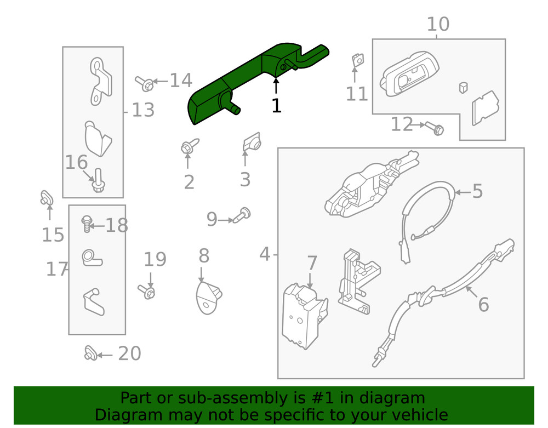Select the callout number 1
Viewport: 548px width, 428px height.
[276, 106]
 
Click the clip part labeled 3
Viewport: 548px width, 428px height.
[250, 142]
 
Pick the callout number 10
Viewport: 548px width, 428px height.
[437, 25]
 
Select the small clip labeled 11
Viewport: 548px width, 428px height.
[357, 60]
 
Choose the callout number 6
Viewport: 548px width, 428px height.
[483, 304]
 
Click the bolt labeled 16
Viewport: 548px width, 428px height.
[99, 181]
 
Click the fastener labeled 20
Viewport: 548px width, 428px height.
[91, 354]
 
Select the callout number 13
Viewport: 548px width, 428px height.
[143, 110]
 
